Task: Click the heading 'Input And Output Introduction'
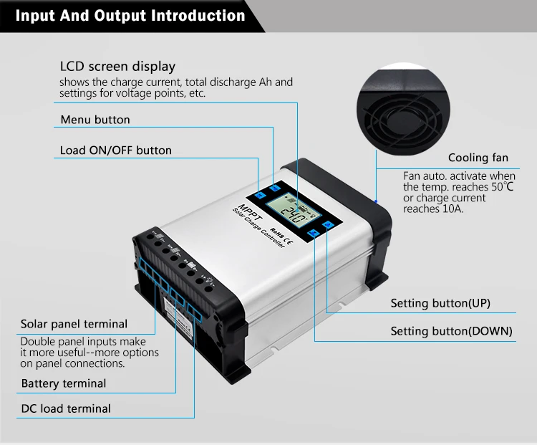130,16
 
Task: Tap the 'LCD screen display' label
117,67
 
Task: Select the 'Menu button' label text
95,120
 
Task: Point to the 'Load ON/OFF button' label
116,150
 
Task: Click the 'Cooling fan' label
478,158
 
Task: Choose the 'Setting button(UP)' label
440,303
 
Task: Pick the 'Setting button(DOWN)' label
451,331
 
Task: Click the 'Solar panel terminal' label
74,324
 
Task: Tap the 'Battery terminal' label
64,383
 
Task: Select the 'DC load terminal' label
66,408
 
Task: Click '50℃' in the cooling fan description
502,186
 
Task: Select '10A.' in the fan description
450,209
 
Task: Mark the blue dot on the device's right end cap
377,201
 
